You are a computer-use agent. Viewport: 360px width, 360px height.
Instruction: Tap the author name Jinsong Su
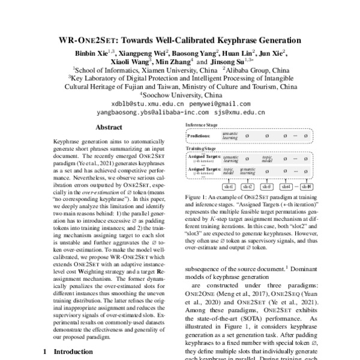[x=227, y=61]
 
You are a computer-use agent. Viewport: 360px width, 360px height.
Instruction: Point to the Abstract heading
[x=109, y=127]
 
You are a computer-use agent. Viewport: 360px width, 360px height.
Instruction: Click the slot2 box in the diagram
[x=248, y=187]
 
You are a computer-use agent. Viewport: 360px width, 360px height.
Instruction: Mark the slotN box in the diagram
[x=306, y=187]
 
